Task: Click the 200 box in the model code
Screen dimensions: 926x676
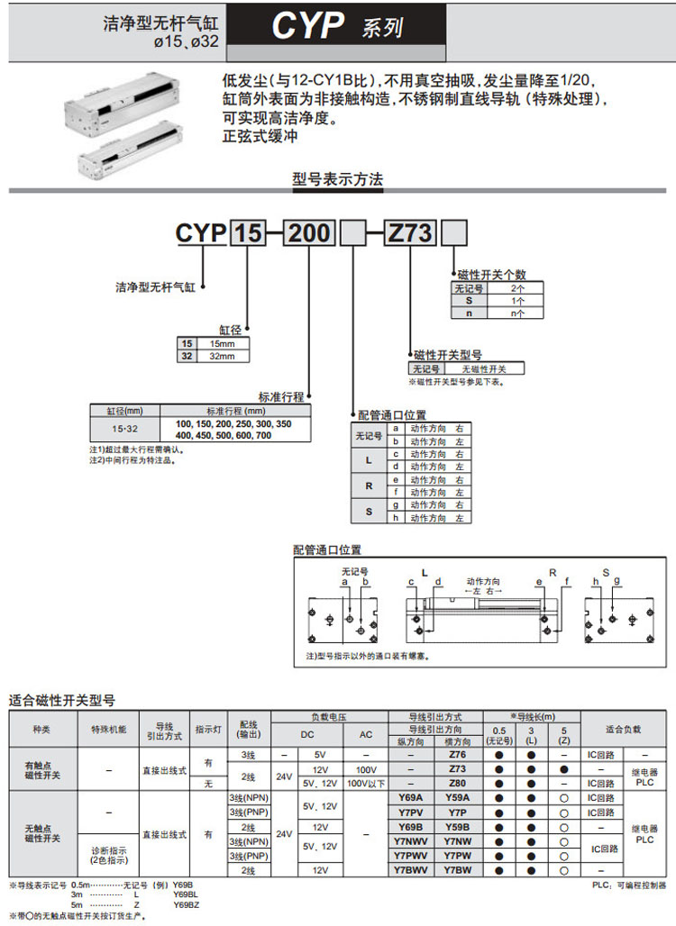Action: (309, 234)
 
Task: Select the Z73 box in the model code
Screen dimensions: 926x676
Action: (410, 234)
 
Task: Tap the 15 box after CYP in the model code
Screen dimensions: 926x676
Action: (249, 234)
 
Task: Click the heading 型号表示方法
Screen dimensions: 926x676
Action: (337, 179)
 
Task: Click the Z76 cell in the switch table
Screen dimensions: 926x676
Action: (457, 754)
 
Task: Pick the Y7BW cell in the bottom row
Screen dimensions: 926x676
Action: (457, 870)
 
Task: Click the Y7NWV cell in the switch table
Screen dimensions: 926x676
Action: (410, 841)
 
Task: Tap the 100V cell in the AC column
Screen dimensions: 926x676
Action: (366, 769)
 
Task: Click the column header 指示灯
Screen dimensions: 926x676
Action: (208, 729)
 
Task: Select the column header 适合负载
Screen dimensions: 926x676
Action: (623, 729)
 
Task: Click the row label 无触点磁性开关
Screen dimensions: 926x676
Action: (42, 833)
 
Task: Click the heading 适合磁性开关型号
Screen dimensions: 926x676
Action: (62, 700)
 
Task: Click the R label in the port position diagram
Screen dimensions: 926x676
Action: (553, 573)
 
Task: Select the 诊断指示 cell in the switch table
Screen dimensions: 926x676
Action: (108, 855)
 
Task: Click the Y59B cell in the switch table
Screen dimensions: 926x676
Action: (457, 827)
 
